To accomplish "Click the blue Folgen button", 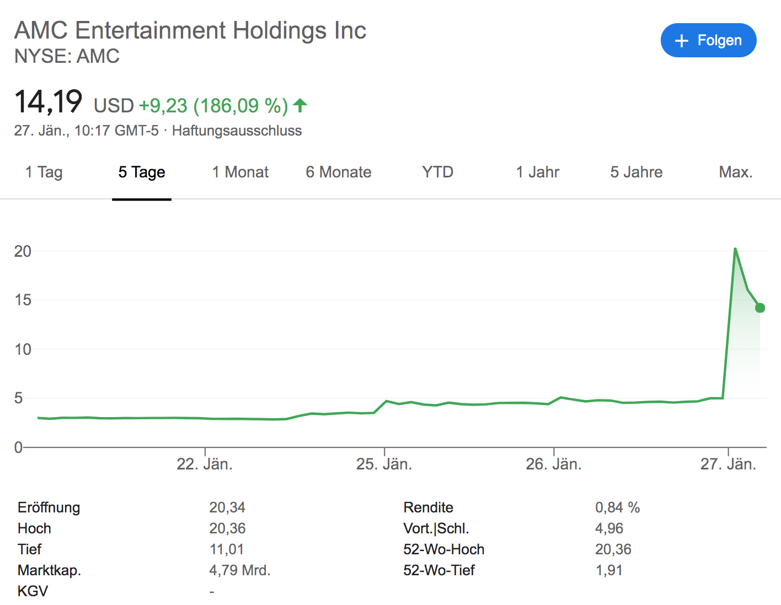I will [x=708, y=40].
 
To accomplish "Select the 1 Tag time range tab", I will [x=44, y=172].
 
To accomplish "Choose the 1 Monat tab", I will [x=240, y=172].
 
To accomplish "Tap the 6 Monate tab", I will [x=339, y=172].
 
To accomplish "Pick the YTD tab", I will [x=437, y=172].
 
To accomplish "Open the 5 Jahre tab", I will [x=636, y=172].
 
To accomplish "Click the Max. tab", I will [x=736, y=172].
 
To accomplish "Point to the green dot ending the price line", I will [x=760, y=307].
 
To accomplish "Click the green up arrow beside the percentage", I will [x=300, y=105].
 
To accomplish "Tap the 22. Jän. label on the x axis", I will [x=205, y=464].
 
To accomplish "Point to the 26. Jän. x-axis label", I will [x=554, y=464].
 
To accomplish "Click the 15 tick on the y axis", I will [x=23, y=300].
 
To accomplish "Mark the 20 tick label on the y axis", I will [x=23, y=251].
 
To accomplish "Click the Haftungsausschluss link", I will [x=237, y=131].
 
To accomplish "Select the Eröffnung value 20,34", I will [x=227, y=507].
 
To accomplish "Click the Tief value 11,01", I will [x=227, y=549].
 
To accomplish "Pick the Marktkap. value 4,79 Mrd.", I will [x=240, y=570].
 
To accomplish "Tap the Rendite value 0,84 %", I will [x=617, y=507].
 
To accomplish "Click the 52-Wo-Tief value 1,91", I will [x=609, y=570].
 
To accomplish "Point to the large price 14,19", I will [x=49, y=102].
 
